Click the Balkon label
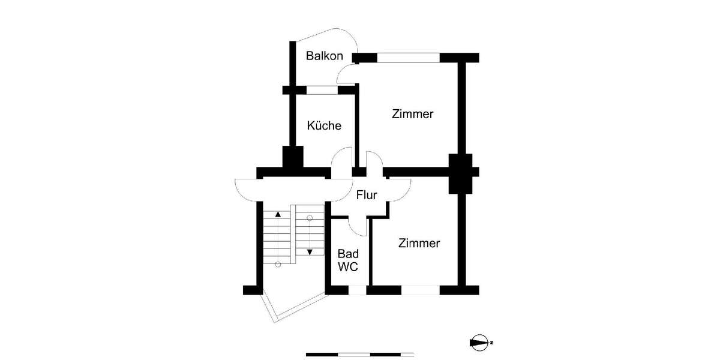point(324,56)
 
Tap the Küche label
point(324,126)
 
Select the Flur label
point(367,195)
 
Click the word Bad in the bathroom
point(348,254)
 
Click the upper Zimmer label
point(413,114)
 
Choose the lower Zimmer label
point(419,244)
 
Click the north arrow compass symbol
point(479,343)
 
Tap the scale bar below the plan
point(360,355)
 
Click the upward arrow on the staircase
point(278,214)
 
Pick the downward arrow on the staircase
point(310,252)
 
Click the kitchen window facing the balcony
point(322,90)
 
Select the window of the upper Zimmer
point(408,58)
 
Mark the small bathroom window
point(357,290)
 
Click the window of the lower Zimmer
point(420,290)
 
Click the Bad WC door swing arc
point(358,227)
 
